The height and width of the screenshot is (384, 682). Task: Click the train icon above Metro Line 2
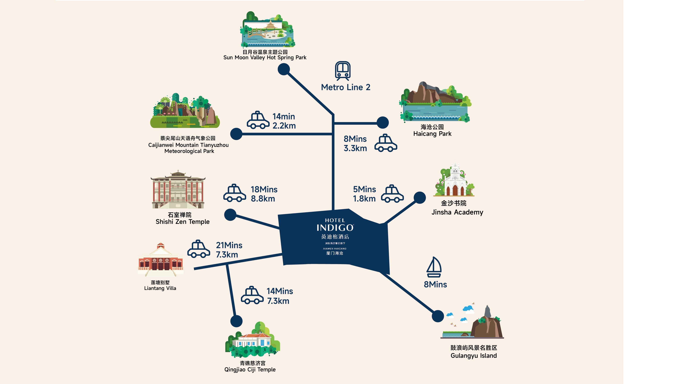(x=343, y=71)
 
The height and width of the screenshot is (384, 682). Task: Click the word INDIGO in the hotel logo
(x=335, y=228)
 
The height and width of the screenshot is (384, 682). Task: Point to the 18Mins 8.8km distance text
(x=264, y=194)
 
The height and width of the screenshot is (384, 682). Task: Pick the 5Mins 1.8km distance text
(x=364, y=194)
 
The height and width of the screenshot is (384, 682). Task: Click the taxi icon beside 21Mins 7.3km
(x=199, y=249)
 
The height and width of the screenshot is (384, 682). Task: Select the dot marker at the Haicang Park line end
(x=383, y=123)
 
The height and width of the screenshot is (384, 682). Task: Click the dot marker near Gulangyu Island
(x=438, y=316)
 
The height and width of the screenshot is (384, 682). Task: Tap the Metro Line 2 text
(x=345, y=87)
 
